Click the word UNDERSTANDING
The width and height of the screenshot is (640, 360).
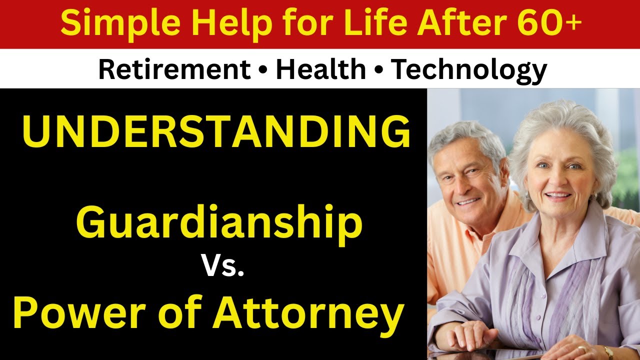[216, 132]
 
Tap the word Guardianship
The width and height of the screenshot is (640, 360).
[219, 223]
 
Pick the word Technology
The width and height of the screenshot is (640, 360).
[468, 69]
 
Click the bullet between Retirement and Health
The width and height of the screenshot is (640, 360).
[263, 70]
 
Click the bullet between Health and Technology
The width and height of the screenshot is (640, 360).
[378, 70]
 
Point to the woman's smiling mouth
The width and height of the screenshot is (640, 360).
[557, 194]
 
